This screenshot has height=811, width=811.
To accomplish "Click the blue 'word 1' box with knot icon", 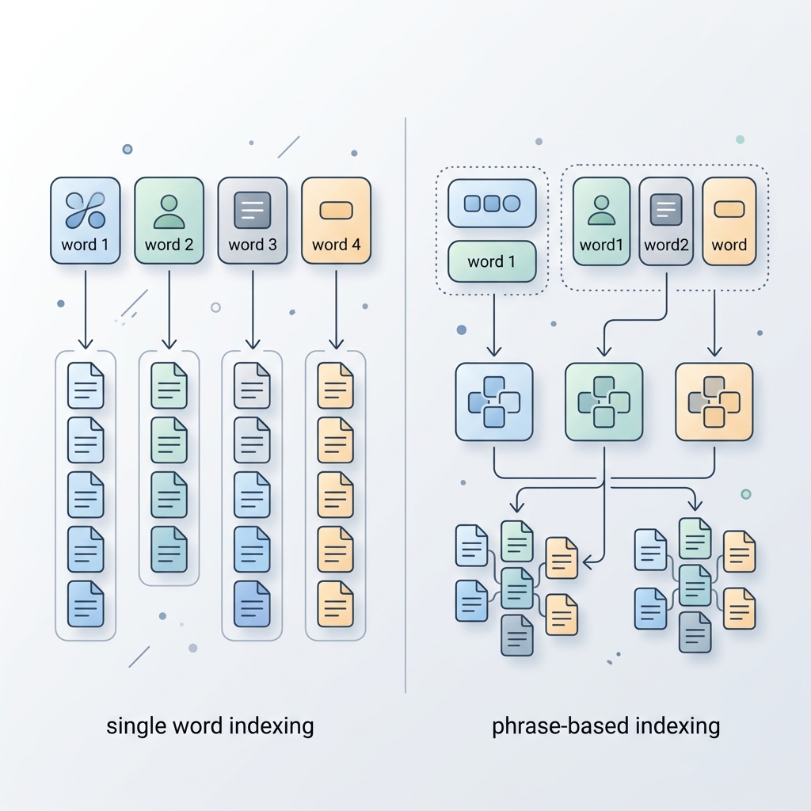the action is (x=86, y=221).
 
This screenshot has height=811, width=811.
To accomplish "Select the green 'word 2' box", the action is (x=169, y=221).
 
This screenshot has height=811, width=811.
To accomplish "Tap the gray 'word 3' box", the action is (x=253, y=221).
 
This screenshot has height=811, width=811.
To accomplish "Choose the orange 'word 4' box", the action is (x=336, y=221).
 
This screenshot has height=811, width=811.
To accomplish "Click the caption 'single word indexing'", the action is (x=210, y=726).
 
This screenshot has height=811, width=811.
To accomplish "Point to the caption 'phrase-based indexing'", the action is (x=606, y=726).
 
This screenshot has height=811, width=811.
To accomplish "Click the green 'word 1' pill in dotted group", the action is (x=492, y=261).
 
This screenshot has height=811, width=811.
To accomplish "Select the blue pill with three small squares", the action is (x=492, y=204).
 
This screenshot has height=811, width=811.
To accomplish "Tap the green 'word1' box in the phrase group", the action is (x=602, y=222).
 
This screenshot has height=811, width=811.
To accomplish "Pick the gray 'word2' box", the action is (x=666, y=222).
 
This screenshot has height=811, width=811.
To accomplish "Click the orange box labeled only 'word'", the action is (x=729, y=222).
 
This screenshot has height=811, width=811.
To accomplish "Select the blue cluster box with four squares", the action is (x=494, y=402).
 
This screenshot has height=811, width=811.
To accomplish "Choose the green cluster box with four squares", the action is (x=604, y=402).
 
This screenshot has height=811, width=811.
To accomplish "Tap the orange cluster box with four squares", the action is (x=714, y=402).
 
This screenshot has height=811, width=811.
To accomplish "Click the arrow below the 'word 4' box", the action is (x=336, y=310).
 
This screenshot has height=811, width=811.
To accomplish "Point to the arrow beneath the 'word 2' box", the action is (x=169, y=310).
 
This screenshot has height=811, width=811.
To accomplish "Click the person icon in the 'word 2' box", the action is (x=169, y=211).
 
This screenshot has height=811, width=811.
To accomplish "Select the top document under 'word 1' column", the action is (x=86, y=386).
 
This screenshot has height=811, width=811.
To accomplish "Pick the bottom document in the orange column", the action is (x=335, y=603).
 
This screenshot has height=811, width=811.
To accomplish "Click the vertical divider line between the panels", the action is (x=405, y=405).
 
